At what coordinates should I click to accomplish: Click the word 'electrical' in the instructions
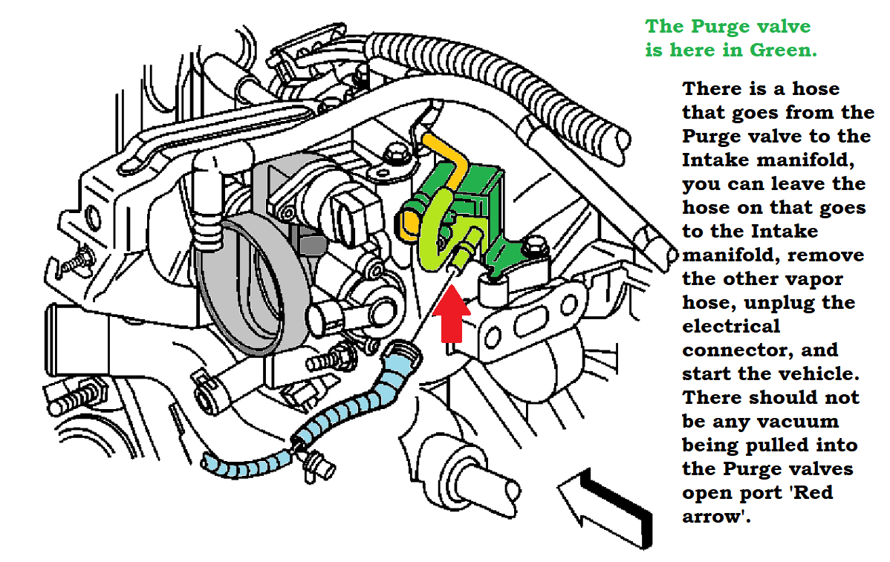[x=731, y=326]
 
